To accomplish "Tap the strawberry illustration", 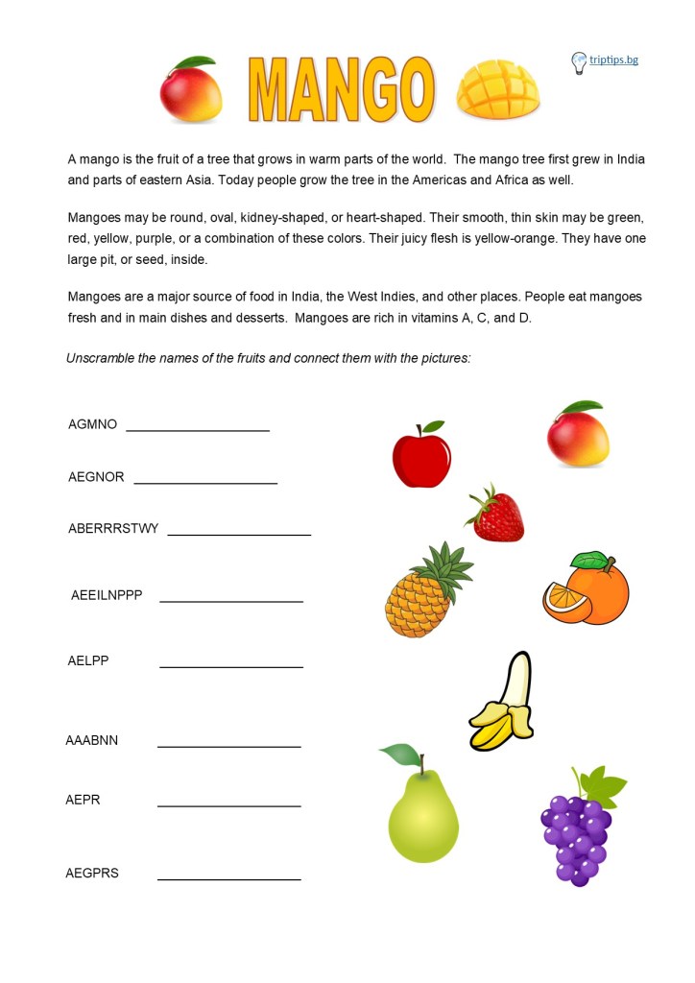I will (x=496, y=515).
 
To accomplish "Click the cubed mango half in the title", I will (x=497, y=89).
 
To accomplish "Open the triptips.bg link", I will (x=614, y=60).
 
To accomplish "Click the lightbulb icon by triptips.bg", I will (x=579, y=62).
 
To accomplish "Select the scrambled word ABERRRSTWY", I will (x=113, y=528).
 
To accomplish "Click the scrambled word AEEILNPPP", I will (x=107, y=595).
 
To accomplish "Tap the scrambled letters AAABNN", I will (x=92, y=740).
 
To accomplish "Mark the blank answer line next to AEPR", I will (x=228, y=804).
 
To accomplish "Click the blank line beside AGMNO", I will (x=198, y=429).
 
